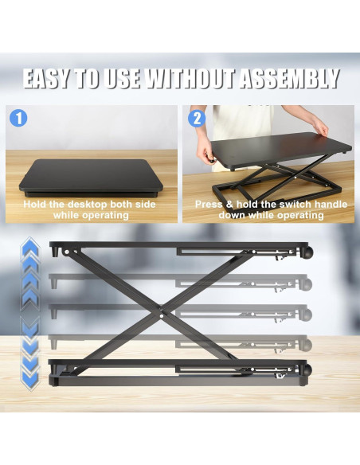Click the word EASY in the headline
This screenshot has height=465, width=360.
[x=49, y=80]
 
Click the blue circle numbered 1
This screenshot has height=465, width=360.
[x=19, y=119]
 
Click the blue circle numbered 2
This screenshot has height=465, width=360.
[x=195, y=119]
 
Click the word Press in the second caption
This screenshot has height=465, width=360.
[x=211, y=205]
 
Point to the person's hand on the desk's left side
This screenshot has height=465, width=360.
[x=213, y=156]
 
